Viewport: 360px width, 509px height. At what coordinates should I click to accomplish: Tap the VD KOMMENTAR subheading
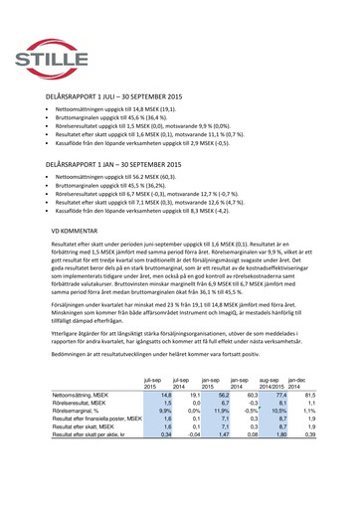pos(73,229)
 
